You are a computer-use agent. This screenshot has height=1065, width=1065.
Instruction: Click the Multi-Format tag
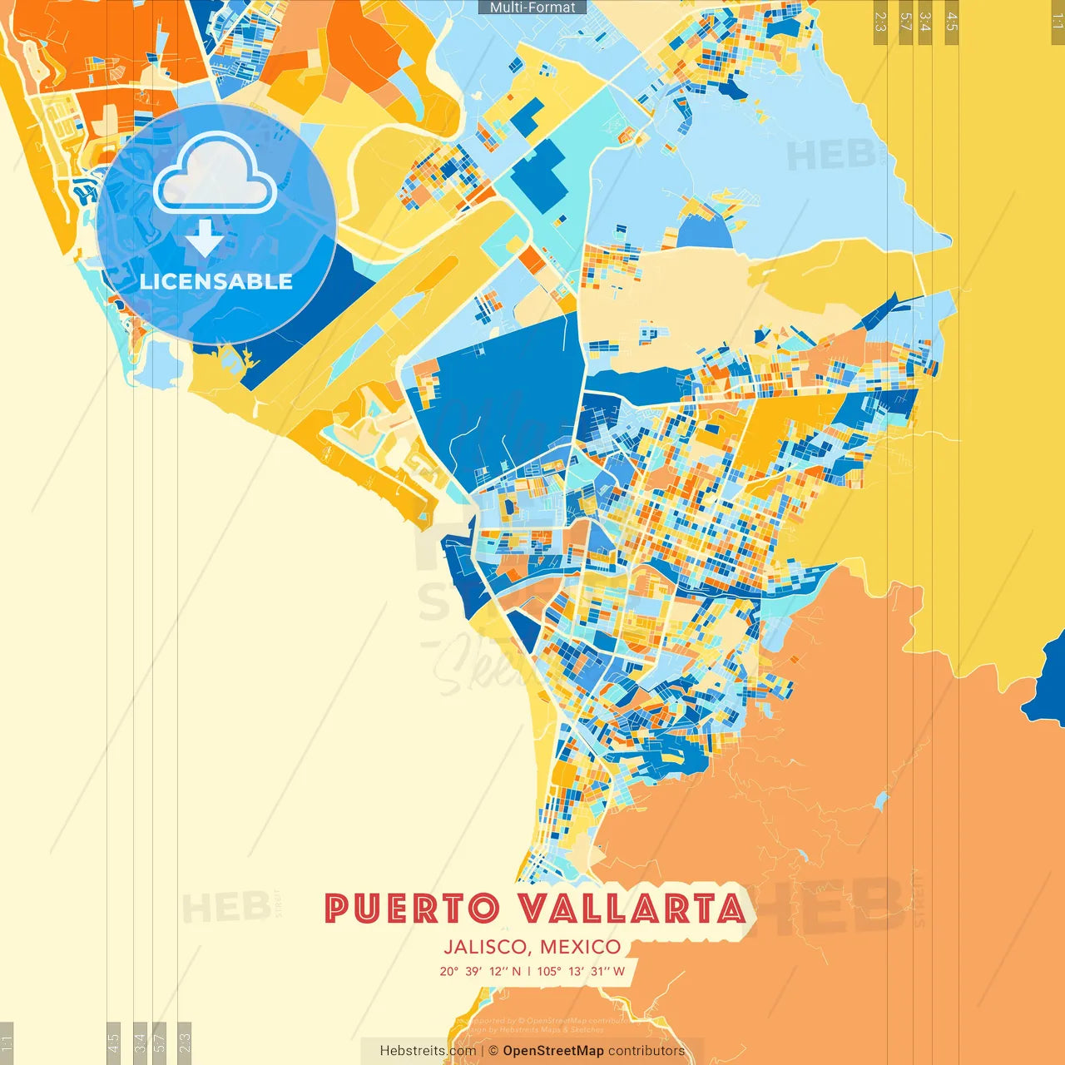(x=532, y=7)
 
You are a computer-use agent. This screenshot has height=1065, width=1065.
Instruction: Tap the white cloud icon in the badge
(x=215, y=176)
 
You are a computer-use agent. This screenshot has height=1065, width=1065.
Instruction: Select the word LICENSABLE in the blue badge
(x=216, y=281)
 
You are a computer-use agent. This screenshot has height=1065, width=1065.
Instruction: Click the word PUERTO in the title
(x=413, y=909)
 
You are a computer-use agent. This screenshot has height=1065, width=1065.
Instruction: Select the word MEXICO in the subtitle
(x=581, y=947)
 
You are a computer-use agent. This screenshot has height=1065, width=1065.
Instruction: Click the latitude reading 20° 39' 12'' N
(x=480, y=971)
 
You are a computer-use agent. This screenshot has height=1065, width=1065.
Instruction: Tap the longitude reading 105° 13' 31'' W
(x=581, y=971)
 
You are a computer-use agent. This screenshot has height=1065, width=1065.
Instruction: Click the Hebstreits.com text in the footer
(x=428, y=1051)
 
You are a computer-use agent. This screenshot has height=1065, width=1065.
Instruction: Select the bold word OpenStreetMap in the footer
(x=553, y=1051)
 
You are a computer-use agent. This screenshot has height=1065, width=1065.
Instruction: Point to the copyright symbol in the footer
(x=493, y=1051)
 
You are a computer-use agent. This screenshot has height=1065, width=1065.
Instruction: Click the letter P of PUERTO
(x=335, y=909)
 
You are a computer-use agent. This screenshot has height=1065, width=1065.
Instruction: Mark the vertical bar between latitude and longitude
(x=529, y=971)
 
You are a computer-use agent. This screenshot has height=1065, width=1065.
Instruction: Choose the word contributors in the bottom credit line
(x=646, y=1051)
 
